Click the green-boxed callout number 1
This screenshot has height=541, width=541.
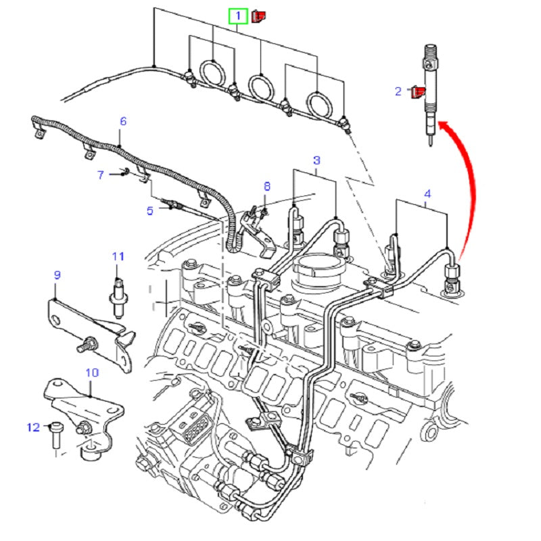pos(238,15)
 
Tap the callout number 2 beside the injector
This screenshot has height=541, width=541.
pos(398,91)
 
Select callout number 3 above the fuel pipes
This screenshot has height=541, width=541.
pos(316,160)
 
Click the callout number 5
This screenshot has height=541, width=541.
pos(150,210)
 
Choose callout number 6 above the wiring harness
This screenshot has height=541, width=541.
pos(123,122)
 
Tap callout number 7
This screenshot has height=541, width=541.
pos(100,175)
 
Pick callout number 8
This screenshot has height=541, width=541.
pos(266,186)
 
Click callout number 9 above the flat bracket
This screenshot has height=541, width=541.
pos(57,275)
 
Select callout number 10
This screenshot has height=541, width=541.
pos(92,373)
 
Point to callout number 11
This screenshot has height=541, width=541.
pos(118,256)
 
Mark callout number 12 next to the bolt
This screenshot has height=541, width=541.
pos(33,427)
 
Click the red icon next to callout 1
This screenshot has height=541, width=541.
pos(258,15)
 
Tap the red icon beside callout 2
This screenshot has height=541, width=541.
pos(419,92)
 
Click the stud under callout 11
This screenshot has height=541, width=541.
pos(118,291)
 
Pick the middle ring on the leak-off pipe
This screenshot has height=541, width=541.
pos(261,85)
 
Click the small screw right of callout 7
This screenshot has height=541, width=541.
pos(125,173)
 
